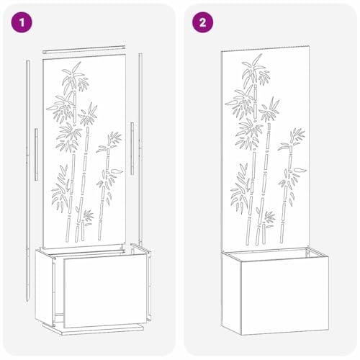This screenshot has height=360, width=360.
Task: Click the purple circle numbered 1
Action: [x=22, y=22]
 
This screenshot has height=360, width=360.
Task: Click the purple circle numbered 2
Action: [x=202, y=22]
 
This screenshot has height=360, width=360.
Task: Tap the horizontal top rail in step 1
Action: [x=84, y=49]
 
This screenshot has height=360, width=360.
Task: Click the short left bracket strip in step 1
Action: [x=36, y=154]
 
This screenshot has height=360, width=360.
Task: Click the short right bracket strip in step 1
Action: [x=132, y=148]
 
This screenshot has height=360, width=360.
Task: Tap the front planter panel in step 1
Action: [x=105, y=290]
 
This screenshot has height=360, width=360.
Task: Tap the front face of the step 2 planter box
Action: [x=284, y=296]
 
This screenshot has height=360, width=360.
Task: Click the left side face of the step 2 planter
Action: [x=231, y=292]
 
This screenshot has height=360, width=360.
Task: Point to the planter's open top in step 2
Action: [x=275, y=254]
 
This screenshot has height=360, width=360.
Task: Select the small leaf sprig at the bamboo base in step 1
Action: [x=88, y=217]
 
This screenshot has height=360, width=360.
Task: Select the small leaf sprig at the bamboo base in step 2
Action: [x=270, y=220]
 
